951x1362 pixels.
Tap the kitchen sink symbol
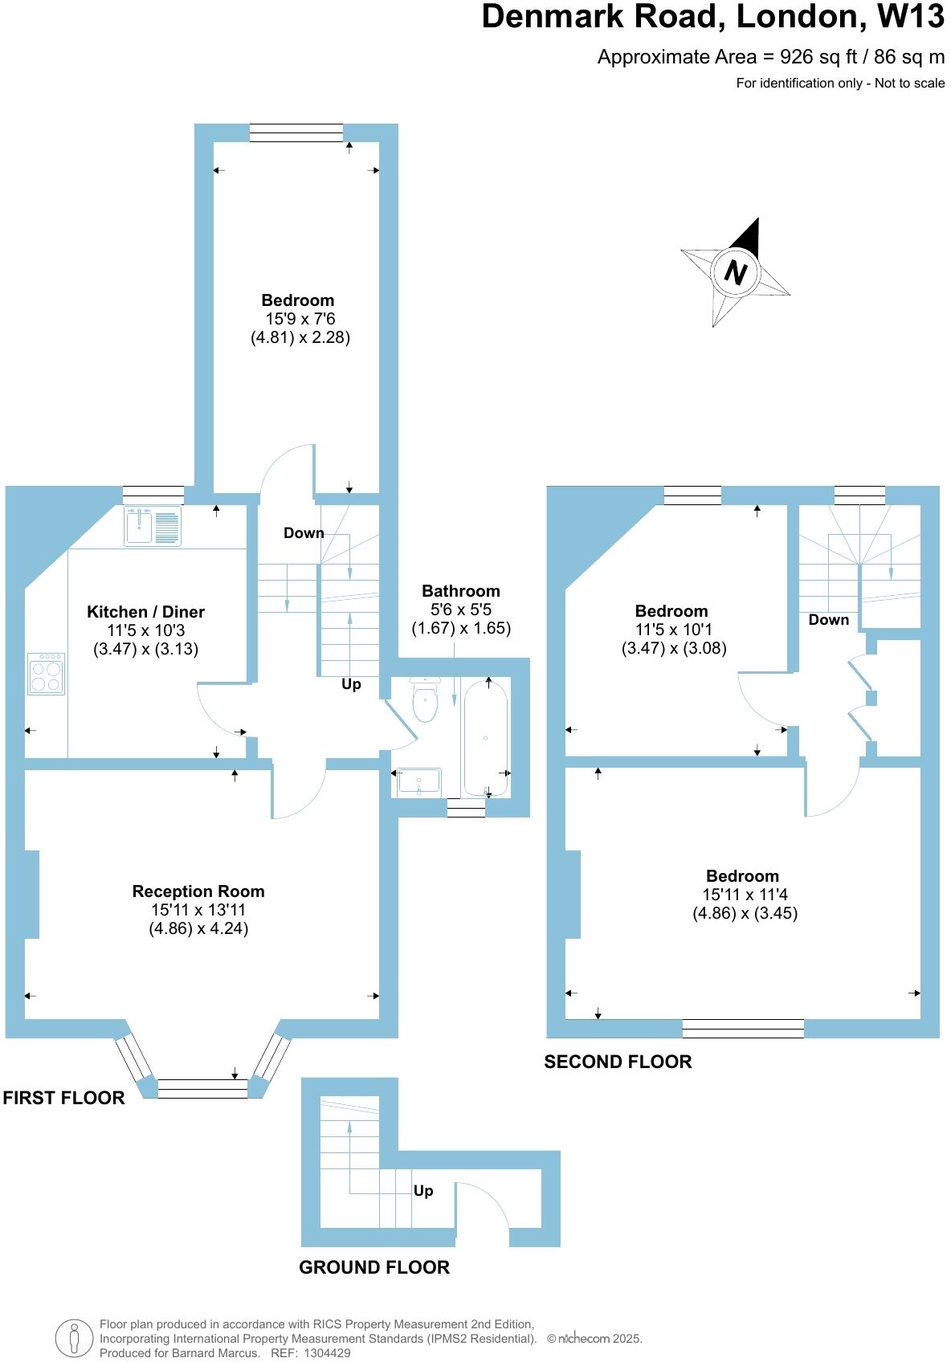[153, 526]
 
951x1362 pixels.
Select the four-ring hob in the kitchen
[46, 674]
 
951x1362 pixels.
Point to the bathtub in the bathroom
[485, 737]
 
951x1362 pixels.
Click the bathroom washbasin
[418, 781]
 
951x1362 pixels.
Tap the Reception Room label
[198, 891]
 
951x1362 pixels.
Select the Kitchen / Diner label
[145, 612]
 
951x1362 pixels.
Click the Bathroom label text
[461, 591]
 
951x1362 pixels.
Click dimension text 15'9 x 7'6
[300, 319]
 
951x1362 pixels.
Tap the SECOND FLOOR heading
[618, 1062]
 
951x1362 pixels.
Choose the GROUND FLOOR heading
[374, 1267]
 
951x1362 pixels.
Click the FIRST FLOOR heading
[64, 1098]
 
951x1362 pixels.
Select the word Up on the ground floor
[423, 1190]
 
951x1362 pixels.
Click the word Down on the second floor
[829, 619]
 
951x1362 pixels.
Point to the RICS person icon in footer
[74, 1339]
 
